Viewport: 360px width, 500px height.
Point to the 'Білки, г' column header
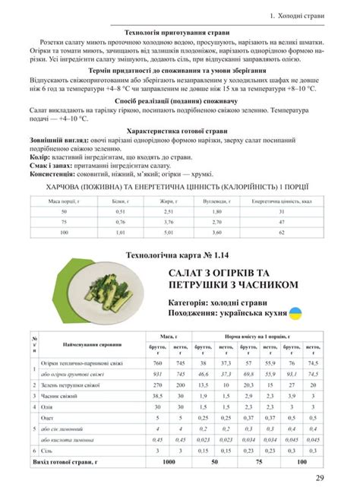pyautogui.click(x=120, y=201)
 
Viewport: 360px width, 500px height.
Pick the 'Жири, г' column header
pyautogui.click(x=169, y=201)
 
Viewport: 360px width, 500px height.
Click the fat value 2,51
pyautogui.click(x=169, y=211)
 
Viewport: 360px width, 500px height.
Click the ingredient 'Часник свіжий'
pyautogui.click(x=61, y=397)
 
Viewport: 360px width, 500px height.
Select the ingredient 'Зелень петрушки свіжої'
pyautogui.click(x=73, y=385)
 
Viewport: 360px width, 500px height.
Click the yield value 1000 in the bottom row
pyautogui.click(x=168, y=461)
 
